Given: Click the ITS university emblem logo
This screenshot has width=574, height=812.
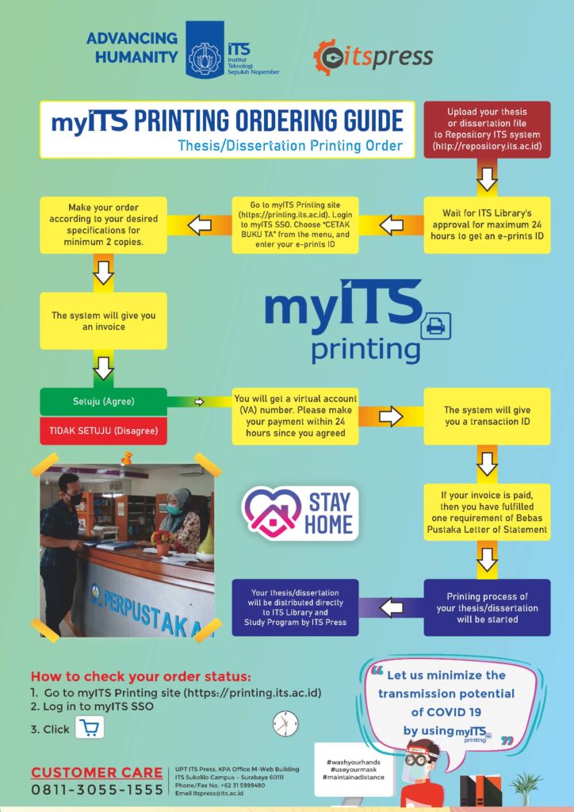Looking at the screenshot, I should [205, 48].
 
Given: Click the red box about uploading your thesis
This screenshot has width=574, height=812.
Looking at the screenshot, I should [487, 129].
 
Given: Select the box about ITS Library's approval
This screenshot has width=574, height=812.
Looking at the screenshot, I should [487, 224].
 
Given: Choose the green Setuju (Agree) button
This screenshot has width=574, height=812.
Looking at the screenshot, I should [103, 401].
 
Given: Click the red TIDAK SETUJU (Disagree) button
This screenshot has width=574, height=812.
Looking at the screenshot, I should [103, 431].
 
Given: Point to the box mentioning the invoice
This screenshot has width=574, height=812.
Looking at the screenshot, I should [103, 321].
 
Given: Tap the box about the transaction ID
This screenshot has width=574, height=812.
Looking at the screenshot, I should [487, 416].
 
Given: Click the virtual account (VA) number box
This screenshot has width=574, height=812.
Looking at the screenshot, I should [295, 416].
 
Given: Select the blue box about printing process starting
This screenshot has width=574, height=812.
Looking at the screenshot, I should [487, 607].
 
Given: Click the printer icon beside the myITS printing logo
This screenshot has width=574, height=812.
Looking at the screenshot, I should [435, 324].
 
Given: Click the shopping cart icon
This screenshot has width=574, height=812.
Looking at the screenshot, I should [90, 728].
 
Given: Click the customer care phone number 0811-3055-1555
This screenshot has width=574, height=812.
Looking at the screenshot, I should [97, 790].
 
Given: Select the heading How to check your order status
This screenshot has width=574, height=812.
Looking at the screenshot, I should [140, 676].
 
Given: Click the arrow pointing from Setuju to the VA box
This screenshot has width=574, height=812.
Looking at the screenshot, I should [200, 402].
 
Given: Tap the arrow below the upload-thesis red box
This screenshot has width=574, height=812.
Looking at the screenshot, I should [487, 181].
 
